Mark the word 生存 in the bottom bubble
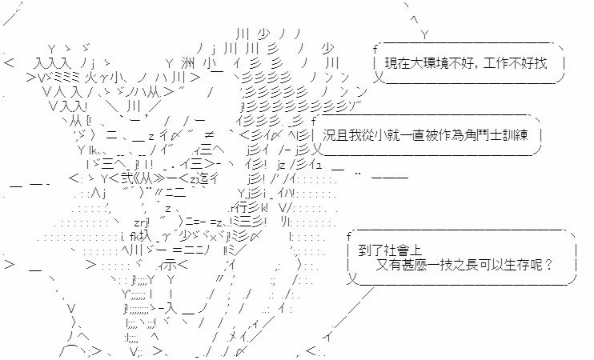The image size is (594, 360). point(524,265)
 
